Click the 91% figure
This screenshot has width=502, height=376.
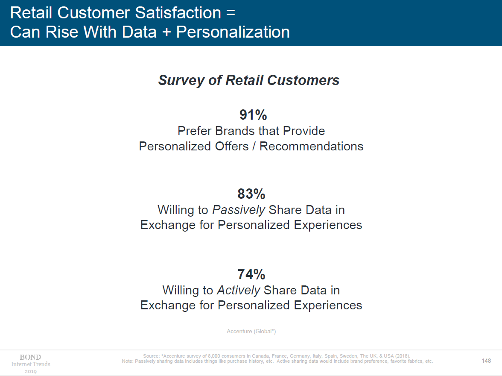253,115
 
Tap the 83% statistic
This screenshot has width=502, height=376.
251,194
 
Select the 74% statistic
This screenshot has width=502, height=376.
251,274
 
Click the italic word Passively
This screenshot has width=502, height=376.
239,210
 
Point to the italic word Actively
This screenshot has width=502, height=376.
239,291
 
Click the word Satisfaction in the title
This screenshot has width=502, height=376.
178,13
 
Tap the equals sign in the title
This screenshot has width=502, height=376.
231,13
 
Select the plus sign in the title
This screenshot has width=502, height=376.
166,32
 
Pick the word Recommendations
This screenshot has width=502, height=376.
311,146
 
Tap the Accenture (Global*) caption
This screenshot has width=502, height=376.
251,332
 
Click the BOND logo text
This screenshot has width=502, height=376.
30,357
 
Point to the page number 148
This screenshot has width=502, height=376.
486,361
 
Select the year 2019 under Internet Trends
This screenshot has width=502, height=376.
31,371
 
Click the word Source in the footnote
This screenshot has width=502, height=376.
151,356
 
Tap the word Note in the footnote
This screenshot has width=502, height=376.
127,361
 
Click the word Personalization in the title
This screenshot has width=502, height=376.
233,32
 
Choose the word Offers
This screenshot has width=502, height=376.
232,146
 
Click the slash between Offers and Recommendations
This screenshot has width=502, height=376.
254,146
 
